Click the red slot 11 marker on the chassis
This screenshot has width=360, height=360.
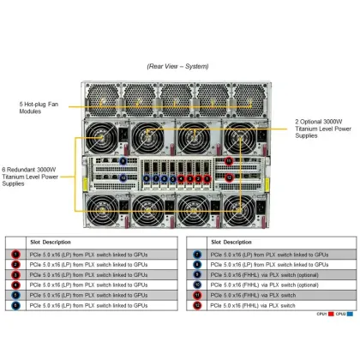[x=228, y=160]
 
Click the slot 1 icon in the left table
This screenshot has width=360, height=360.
[x=15, y=254]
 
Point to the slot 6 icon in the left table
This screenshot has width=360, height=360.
[x=15, y=304]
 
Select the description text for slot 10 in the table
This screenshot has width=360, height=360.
[x=257, y=284]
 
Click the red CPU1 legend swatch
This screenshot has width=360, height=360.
[x=330, y=315]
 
